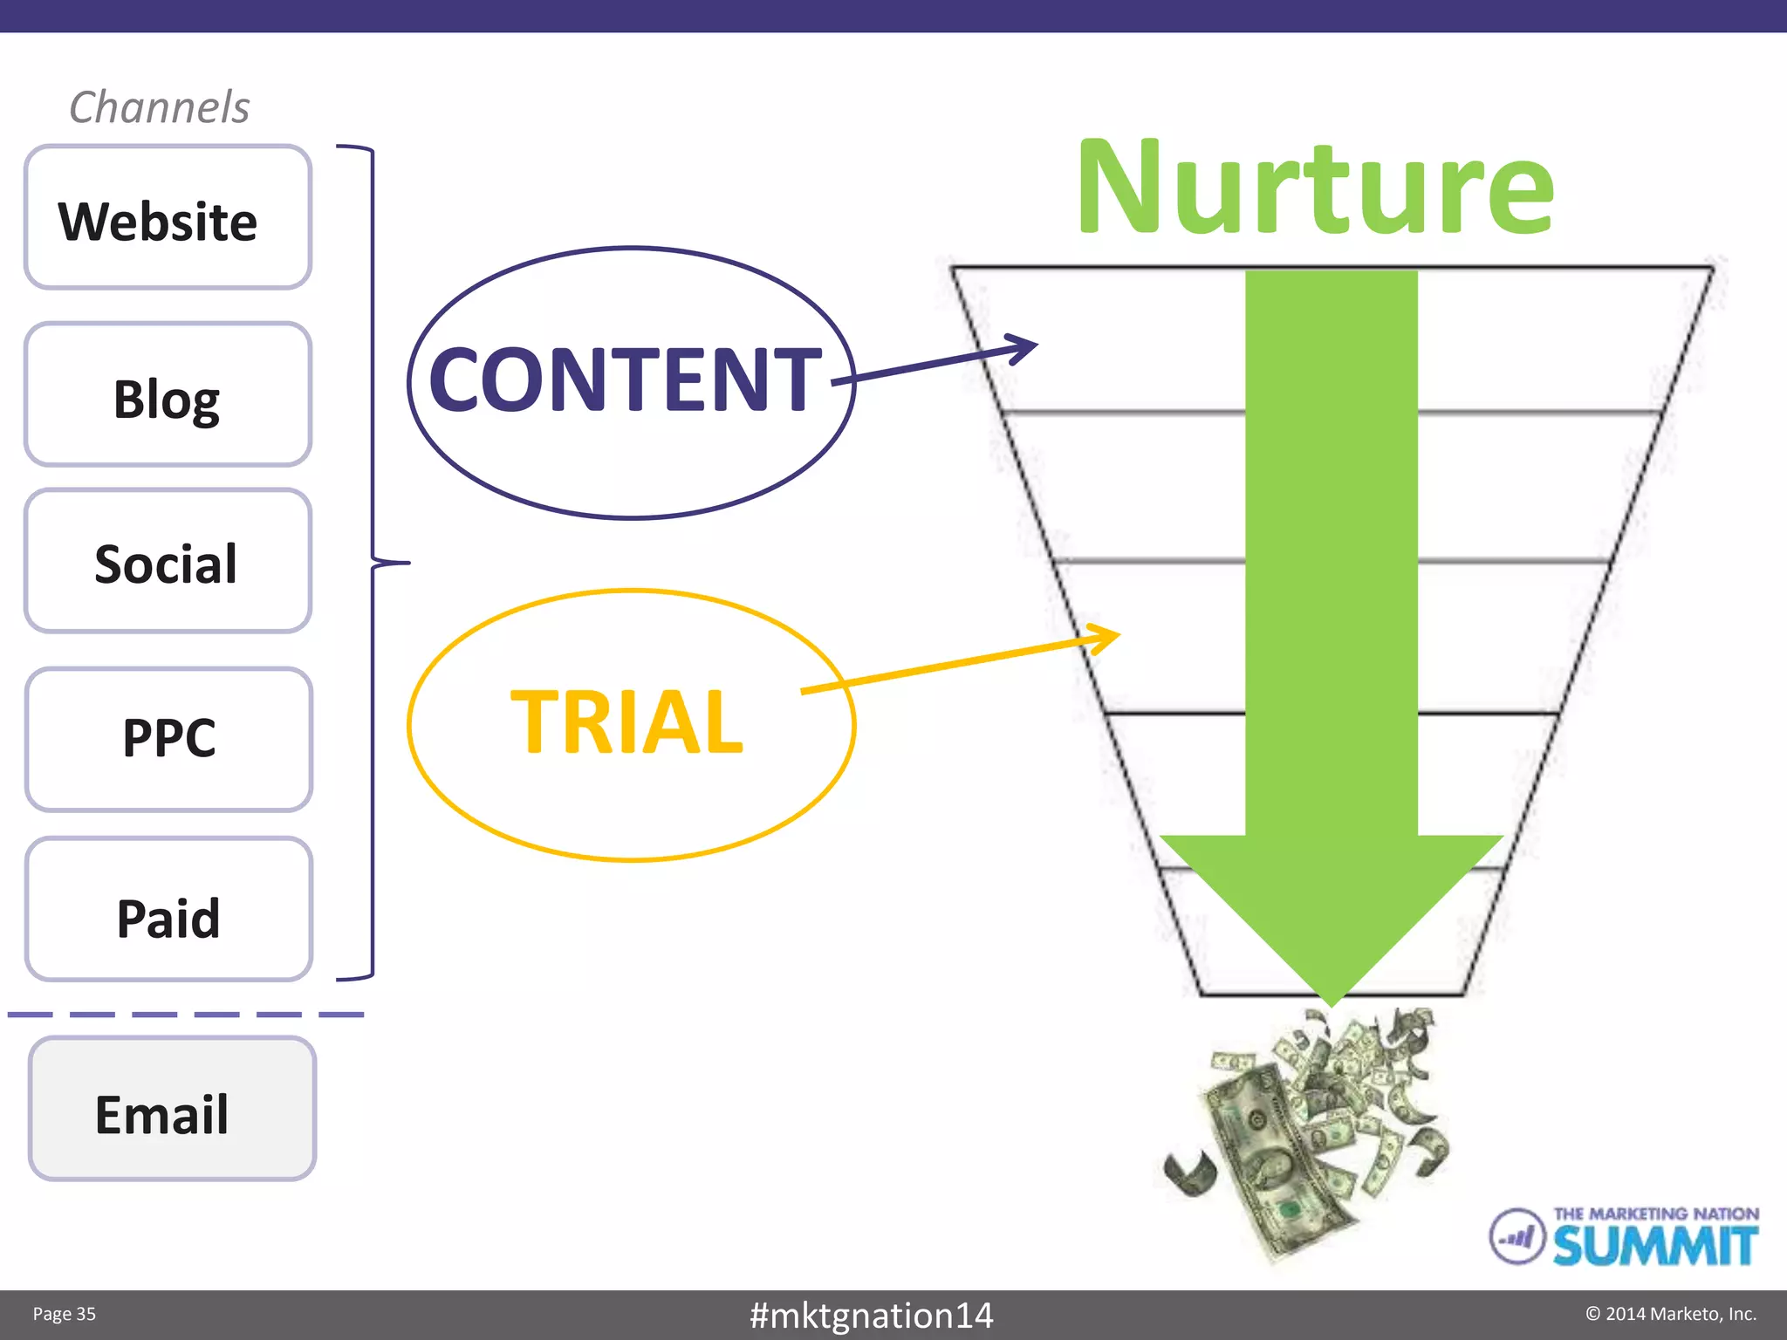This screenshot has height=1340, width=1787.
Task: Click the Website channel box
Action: pyautogui.click(x=168, y=218)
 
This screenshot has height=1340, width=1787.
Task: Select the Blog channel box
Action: pyautogui.click(x=168, y=395)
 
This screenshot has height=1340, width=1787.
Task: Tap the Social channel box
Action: pyautogui.click(x=168, y=562)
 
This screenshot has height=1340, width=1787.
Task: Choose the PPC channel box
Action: pyautogui.click(x=168, y=740)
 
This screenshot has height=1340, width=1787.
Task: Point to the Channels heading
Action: pyautogui.click(x=160, y=108)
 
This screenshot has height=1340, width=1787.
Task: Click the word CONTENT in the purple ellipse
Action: pyautogui.click(x=626, y=379)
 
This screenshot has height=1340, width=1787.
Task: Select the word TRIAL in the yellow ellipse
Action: pyautogui.click(x=626, y=721)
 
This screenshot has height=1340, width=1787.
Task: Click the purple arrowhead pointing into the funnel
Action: pyautogui.click(x=1023, y=348)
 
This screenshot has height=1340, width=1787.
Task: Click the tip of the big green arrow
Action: pyautogui.click(x=1331, y=999)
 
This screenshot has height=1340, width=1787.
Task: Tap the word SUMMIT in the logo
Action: pyautogui.click(x=1654, y=1246)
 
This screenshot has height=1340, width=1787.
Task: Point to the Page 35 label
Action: pyautogui.click(x=65, y=1315)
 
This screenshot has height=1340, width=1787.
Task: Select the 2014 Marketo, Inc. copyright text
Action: pyautogui.click(x=1671, y=1314)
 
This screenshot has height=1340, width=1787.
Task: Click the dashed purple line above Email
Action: pyautogui.click(x=185, y=1015)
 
